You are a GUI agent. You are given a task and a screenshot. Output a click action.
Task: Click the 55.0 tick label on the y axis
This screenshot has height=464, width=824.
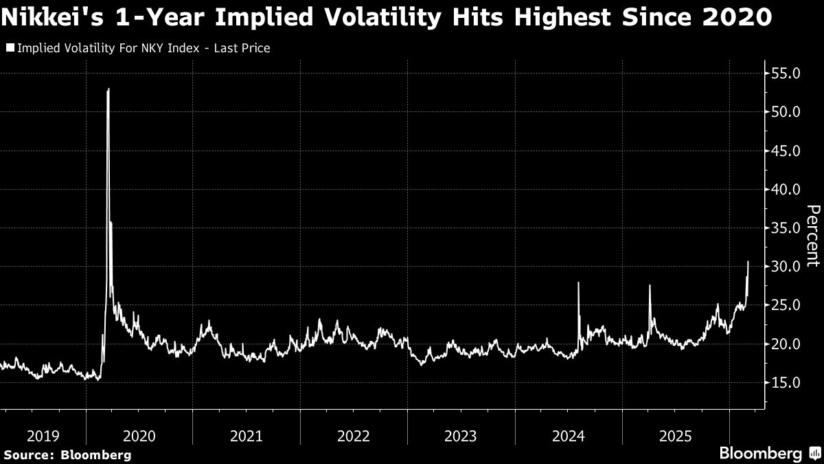[786, 73]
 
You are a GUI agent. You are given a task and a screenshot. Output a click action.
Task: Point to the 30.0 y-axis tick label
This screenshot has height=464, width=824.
[786, 267]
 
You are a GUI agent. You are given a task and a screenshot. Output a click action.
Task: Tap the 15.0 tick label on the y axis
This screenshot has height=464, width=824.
[786, 383]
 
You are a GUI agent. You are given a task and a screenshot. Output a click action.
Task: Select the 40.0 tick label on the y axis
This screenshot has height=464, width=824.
[786, 189]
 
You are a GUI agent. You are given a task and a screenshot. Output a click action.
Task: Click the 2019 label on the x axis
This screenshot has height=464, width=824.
[43, 436]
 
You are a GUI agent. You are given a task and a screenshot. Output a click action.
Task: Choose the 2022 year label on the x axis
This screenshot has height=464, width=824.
[354, 436]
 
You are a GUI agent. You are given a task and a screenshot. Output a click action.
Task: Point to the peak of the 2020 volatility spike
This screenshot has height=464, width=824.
[108, 89]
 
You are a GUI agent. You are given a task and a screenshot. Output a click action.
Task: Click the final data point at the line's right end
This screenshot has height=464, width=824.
[748, 261]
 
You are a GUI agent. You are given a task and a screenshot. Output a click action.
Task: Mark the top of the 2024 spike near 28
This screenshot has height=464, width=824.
[579, 283]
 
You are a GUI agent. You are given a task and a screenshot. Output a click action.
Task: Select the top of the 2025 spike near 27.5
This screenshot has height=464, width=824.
[650, 285]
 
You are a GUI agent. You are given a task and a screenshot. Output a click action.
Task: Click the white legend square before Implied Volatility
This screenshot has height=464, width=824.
[10, 48]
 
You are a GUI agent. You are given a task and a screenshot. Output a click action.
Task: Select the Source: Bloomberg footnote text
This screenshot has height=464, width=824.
[67, 454]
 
